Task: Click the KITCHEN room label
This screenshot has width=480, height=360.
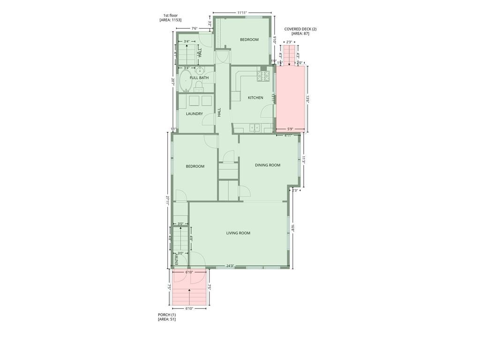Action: click(255, 97)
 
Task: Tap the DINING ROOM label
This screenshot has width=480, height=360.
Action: click(268, 165)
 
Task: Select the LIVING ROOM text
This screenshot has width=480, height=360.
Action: click(238, 233)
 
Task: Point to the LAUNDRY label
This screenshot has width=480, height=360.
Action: click(194, 114)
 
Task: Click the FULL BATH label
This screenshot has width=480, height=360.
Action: click(199, 77)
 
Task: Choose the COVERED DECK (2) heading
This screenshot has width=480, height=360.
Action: click(300, 29)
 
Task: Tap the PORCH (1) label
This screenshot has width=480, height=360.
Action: click(167, 315)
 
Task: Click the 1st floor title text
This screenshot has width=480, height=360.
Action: click(171, 15)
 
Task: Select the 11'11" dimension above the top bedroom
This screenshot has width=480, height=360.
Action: click(242, 13)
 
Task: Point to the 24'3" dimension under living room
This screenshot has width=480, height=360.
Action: click(230, 266)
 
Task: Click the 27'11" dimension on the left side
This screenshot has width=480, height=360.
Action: click(167, 200)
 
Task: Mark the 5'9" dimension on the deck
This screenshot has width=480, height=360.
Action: click(290, 129)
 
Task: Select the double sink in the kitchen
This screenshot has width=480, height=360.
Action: click(255, 127)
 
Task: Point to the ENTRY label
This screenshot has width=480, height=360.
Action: click(177, 259)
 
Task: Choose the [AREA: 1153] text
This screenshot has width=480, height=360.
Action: click(171, 20)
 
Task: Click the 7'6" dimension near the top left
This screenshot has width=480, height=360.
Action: click(194, 29)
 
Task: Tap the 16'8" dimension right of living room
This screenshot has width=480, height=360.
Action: click(292, 228)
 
